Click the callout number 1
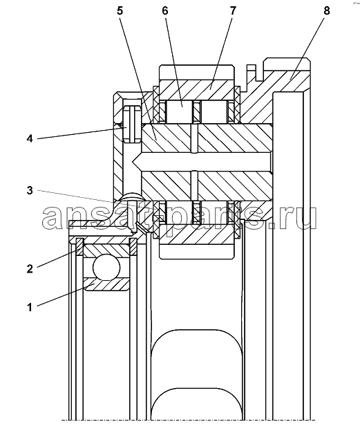[x=30, y=307]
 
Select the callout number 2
[x=30, y=268]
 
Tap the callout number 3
[x=30, y=190]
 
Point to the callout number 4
[x=30, y=138]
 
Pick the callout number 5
[x=120, y=11]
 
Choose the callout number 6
[x=164, y=11]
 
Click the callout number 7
[x=233, y=11]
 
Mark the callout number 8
[x=326, y=11]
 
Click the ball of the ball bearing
[x=106, y=267]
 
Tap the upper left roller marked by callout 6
[x=180, y=111]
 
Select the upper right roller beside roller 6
[x=214, y=111]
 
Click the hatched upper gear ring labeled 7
[x=197, y=90]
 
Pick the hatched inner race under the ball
[x=106, y=284]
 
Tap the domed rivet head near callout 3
[x=131, y=196]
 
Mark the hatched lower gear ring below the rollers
[x=197, y=234]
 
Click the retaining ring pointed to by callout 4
[x=132, y=124]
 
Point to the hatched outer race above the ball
[x=106, y=250]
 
